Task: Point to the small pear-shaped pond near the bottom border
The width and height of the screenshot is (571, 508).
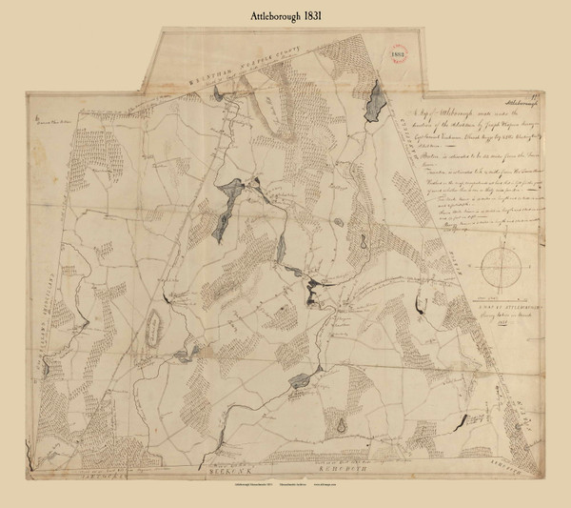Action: (x=338, y=425)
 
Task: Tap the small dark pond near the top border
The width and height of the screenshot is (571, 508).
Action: (x=218, y=93)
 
